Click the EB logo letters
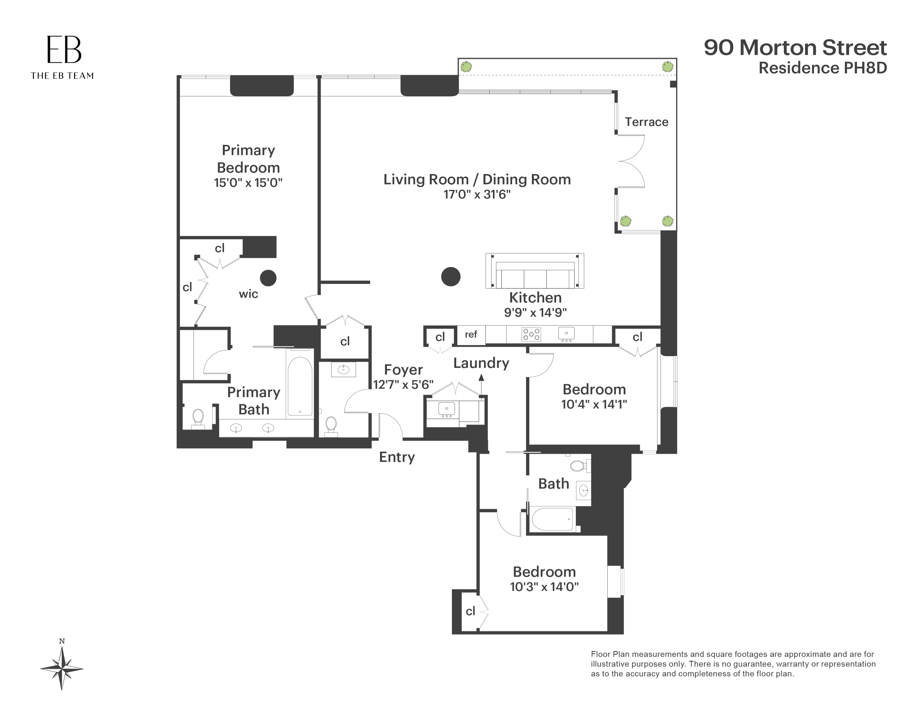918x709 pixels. click(x=64, y=49)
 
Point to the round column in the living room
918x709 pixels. click(x=451, y=277)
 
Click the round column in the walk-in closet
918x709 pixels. click(x=268, y=278)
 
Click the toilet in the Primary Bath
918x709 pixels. click(x=198, y=418)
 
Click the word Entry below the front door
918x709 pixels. click(x=397, y=457)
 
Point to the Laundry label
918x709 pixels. click(x=481, y=363)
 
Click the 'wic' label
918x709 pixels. click(x=248, y=294)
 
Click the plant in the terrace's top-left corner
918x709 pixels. click(x=465, y=66)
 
